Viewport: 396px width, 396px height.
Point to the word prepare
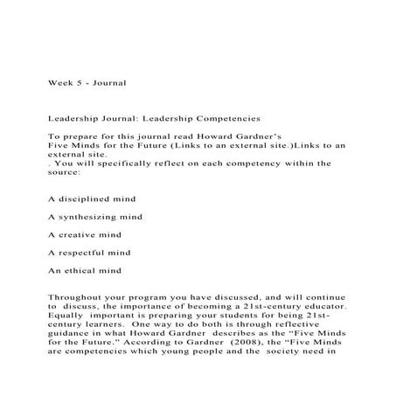[76, 137]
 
